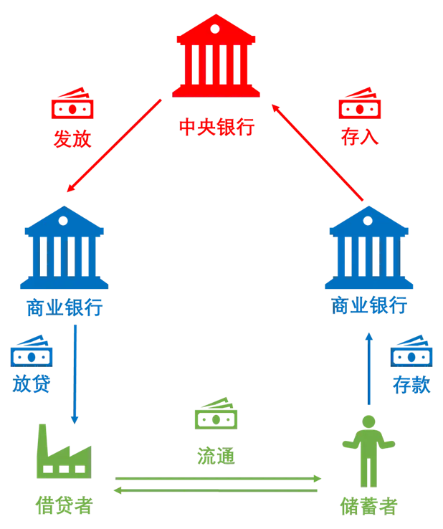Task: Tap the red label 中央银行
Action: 218,128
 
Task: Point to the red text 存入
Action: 361,138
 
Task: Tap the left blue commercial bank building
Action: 65,248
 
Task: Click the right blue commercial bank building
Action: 368,247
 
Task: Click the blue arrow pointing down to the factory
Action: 74,373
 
